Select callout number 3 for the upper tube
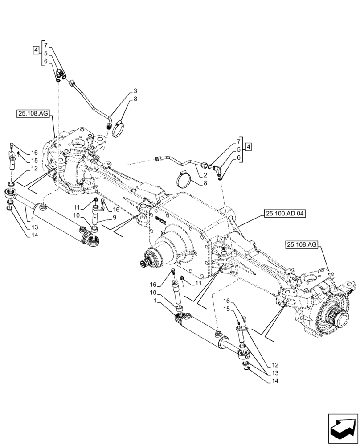(135, 91)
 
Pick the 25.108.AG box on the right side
(302, 244)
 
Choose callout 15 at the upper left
(34, 161)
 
